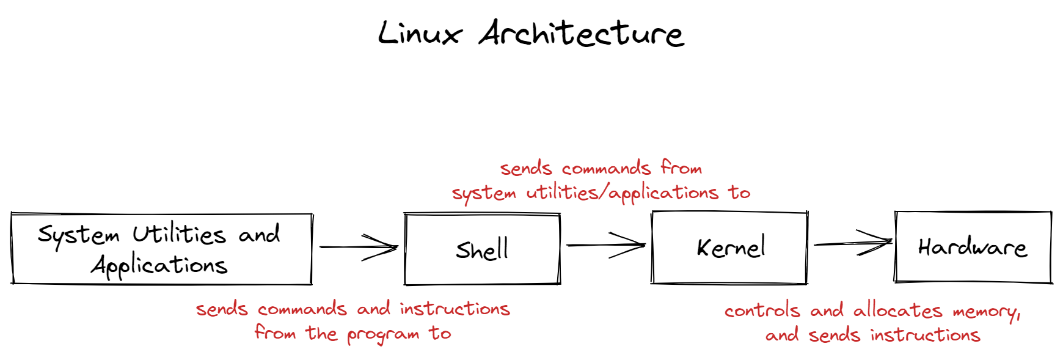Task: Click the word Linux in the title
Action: [419, 33]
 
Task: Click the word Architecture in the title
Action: [581, 33]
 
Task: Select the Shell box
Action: [482, 249]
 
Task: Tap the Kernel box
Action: [729, 248]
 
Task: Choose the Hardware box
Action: [973, 247]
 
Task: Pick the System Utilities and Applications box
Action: [161, 249]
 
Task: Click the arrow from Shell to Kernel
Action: [605, 245]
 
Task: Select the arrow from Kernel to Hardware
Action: [853, 243]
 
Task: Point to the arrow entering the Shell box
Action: [359, 247]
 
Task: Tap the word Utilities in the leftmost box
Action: [180, 234]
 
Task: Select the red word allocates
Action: [897, 310]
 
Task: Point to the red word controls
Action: [762, 310]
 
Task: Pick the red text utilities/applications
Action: [622, 193]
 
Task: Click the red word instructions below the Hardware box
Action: [925, 335]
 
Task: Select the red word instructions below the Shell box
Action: [455, 309]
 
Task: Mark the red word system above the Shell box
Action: [484, 194]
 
